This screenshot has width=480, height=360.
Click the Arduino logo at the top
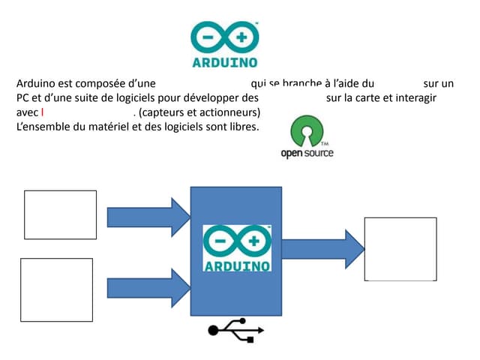[224, 43]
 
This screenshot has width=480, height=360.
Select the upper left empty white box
[61, 215]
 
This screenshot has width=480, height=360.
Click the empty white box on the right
[400, 249]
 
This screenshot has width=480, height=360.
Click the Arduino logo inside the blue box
[237, 248]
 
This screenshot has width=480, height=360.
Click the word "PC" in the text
[24, 97]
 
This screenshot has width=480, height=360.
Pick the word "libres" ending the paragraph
[240, 126]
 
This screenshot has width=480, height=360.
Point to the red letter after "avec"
[43, 112]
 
